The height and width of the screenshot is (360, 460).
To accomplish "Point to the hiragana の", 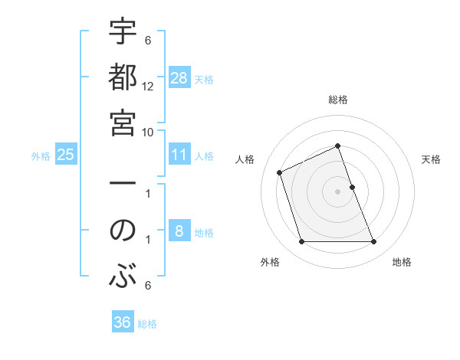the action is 123,231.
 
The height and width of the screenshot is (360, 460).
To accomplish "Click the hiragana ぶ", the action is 123,274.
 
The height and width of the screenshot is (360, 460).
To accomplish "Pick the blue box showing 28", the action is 179,78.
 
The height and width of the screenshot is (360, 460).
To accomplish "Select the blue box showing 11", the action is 179,155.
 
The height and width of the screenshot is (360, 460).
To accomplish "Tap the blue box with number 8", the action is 179,231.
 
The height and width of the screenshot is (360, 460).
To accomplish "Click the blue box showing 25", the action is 66,155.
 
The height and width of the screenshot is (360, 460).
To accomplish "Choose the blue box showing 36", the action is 123,322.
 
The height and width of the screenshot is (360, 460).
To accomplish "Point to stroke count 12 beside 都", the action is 148,86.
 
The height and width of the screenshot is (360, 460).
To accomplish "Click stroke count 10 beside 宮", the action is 148,131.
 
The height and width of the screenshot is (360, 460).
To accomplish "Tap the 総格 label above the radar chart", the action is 338,100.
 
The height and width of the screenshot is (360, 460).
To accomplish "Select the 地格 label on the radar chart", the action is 402,262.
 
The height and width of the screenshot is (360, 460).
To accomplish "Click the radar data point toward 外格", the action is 301,242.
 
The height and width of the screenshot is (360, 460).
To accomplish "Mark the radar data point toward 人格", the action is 281,172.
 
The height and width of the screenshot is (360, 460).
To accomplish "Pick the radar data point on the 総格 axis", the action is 338,146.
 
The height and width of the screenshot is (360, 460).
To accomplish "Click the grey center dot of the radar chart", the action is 338,191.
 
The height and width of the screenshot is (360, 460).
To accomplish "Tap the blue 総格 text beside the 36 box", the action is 147,324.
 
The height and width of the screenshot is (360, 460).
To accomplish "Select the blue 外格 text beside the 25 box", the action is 41,156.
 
